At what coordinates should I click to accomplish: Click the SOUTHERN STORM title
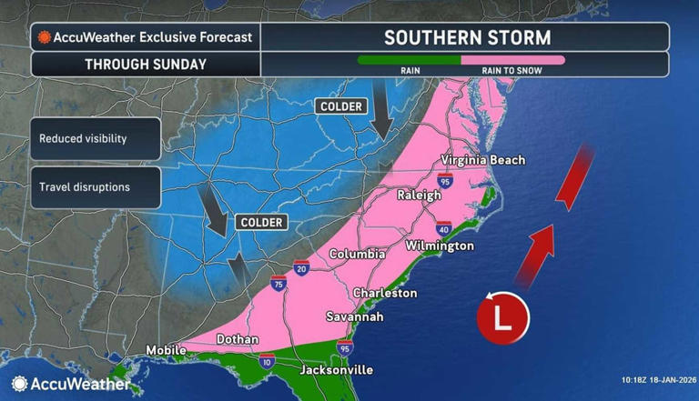tap(467, 37)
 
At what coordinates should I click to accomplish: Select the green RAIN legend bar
tap(409, 59)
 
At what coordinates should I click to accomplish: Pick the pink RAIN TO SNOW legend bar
tap(512, 59)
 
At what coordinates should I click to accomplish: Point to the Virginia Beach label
tap(482, 160)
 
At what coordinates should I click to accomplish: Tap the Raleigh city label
tap(419, 195)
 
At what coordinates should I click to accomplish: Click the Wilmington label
tap(441, 246)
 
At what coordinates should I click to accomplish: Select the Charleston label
tap(385, 293)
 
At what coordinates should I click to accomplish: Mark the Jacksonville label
tap(339, 370)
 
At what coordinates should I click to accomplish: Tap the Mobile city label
tap(166, 350)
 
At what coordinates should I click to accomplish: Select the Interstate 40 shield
tap(443, 227)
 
